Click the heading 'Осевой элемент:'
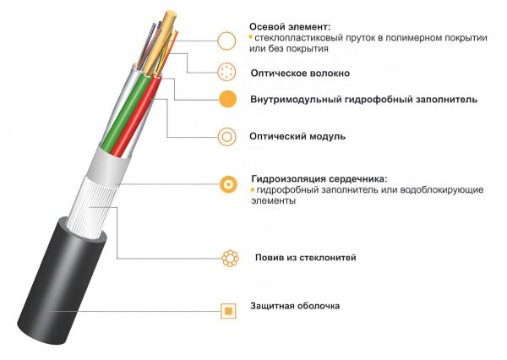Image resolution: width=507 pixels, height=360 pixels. tap(290, 26)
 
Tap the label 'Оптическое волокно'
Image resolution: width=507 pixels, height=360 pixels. tap(300, 74)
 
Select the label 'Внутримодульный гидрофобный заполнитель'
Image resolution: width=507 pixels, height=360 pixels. tap(363, 100)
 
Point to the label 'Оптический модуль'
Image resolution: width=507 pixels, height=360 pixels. tap(297, 137)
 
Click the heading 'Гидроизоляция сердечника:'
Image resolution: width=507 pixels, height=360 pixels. tap(319, 179)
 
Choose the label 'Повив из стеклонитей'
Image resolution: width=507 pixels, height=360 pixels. tap(306, 258)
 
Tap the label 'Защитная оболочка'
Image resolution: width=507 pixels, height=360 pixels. tap(295, 306)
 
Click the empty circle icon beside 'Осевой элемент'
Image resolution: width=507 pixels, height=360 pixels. tap(226, 41)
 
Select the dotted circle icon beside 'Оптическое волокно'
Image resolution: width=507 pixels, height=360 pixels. tap(226, 72)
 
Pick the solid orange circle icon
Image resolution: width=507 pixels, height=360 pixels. tap(227, 99)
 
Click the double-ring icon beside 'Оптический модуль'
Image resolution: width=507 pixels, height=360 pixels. tap(227, 137)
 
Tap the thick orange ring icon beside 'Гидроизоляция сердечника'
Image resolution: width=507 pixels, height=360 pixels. tap(228, 184)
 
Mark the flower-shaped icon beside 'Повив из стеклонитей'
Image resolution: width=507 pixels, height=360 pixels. tap(230, 258)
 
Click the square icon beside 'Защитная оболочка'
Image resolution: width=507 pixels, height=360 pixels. tap(228, 311)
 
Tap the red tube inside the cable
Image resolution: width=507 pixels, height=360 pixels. tap(136, 120)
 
